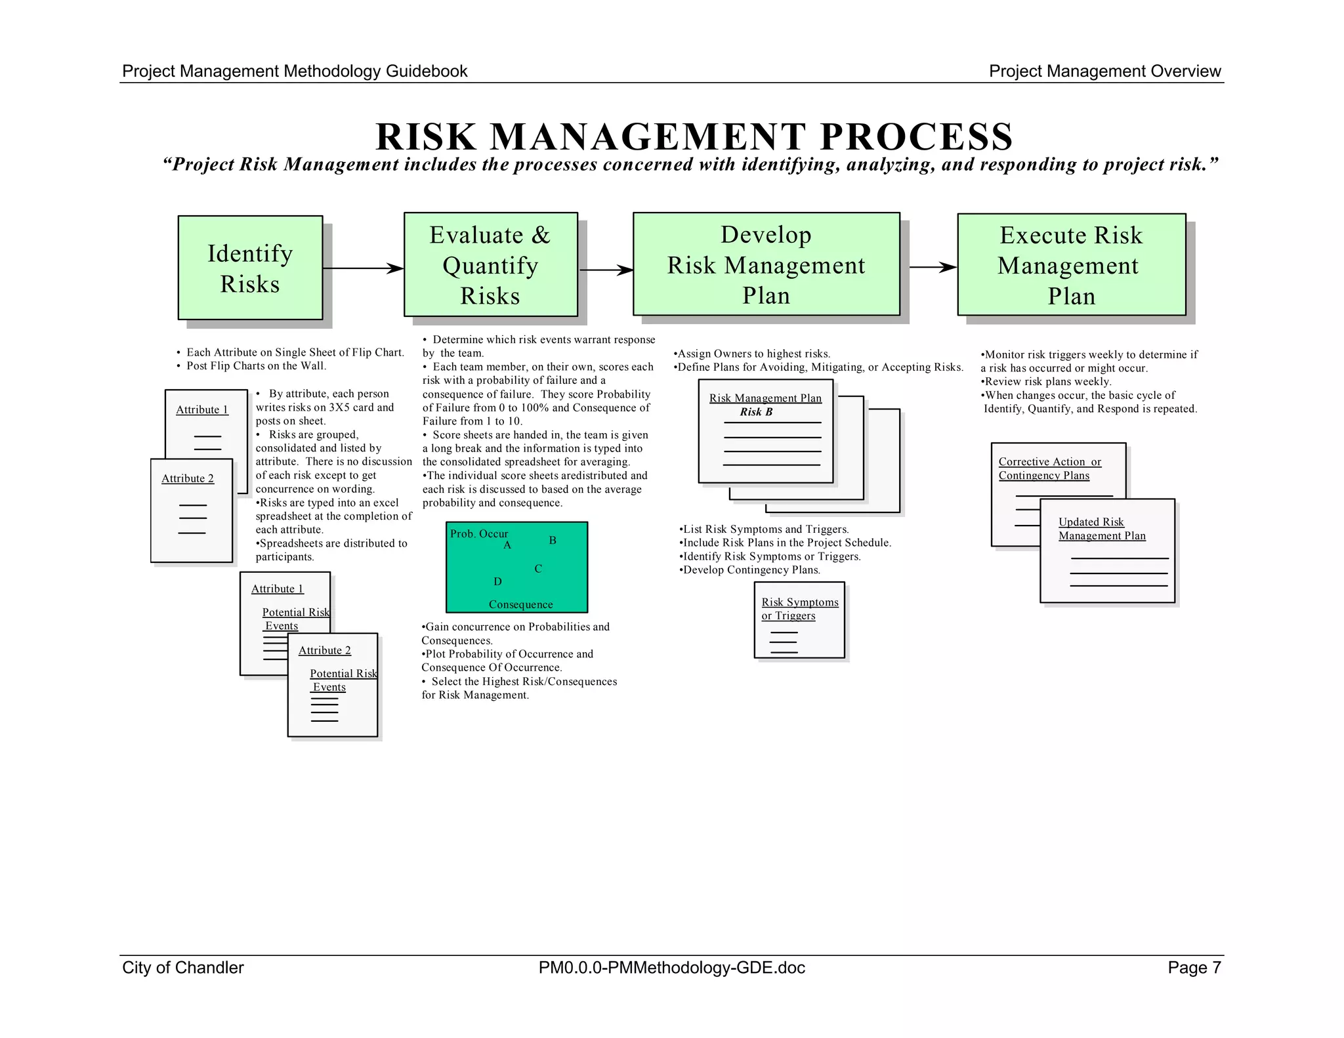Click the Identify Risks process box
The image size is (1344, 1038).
pyautogui.click(x=250, y=268)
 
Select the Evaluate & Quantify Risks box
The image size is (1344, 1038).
pyautogui.click(x=490, y=264)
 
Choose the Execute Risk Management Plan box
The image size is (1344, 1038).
pyautogui.click(x=1071, y=264)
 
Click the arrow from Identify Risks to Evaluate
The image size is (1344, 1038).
pyautogui.click(x=363, y=268)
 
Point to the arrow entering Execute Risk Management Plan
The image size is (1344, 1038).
pyautogui.click(x=933, y=267)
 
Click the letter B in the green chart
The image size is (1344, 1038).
pyautogui.click(x=553, y=541)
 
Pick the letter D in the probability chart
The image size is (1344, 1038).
pyautogui.click(x=497, y=581)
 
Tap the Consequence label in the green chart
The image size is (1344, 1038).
pyautogui.click(x=520, y=604)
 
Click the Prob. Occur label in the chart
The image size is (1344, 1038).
pyautogui.click(x=479, y=533)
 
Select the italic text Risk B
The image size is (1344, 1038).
pyautogui.click(x=756, y=412)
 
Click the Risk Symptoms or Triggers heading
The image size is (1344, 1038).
pyautogui.click(x=799, y=609)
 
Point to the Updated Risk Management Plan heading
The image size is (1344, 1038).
pyautogui.click(x=1102, y=529)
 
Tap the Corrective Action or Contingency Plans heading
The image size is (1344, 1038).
pyautogui.click(x=1049, y=468)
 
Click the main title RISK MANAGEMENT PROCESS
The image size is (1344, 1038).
pyautogui.click(x=694, y=136)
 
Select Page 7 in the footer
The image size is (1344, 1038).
pyautogui.click(x=1194, y=968)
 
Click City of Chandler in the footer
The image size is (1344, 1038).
pyautogui.click(x=183, y=968)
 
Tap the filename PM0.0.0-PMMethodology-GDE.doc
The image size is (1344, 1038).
pyautogui.click(x=671, y=968)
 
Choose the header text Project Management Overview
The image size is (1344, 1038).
pyautogui.click(x=1104, y=72)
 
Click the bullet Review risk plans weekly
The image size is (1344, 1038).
pyautogui.click(x=1048, y=382)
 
